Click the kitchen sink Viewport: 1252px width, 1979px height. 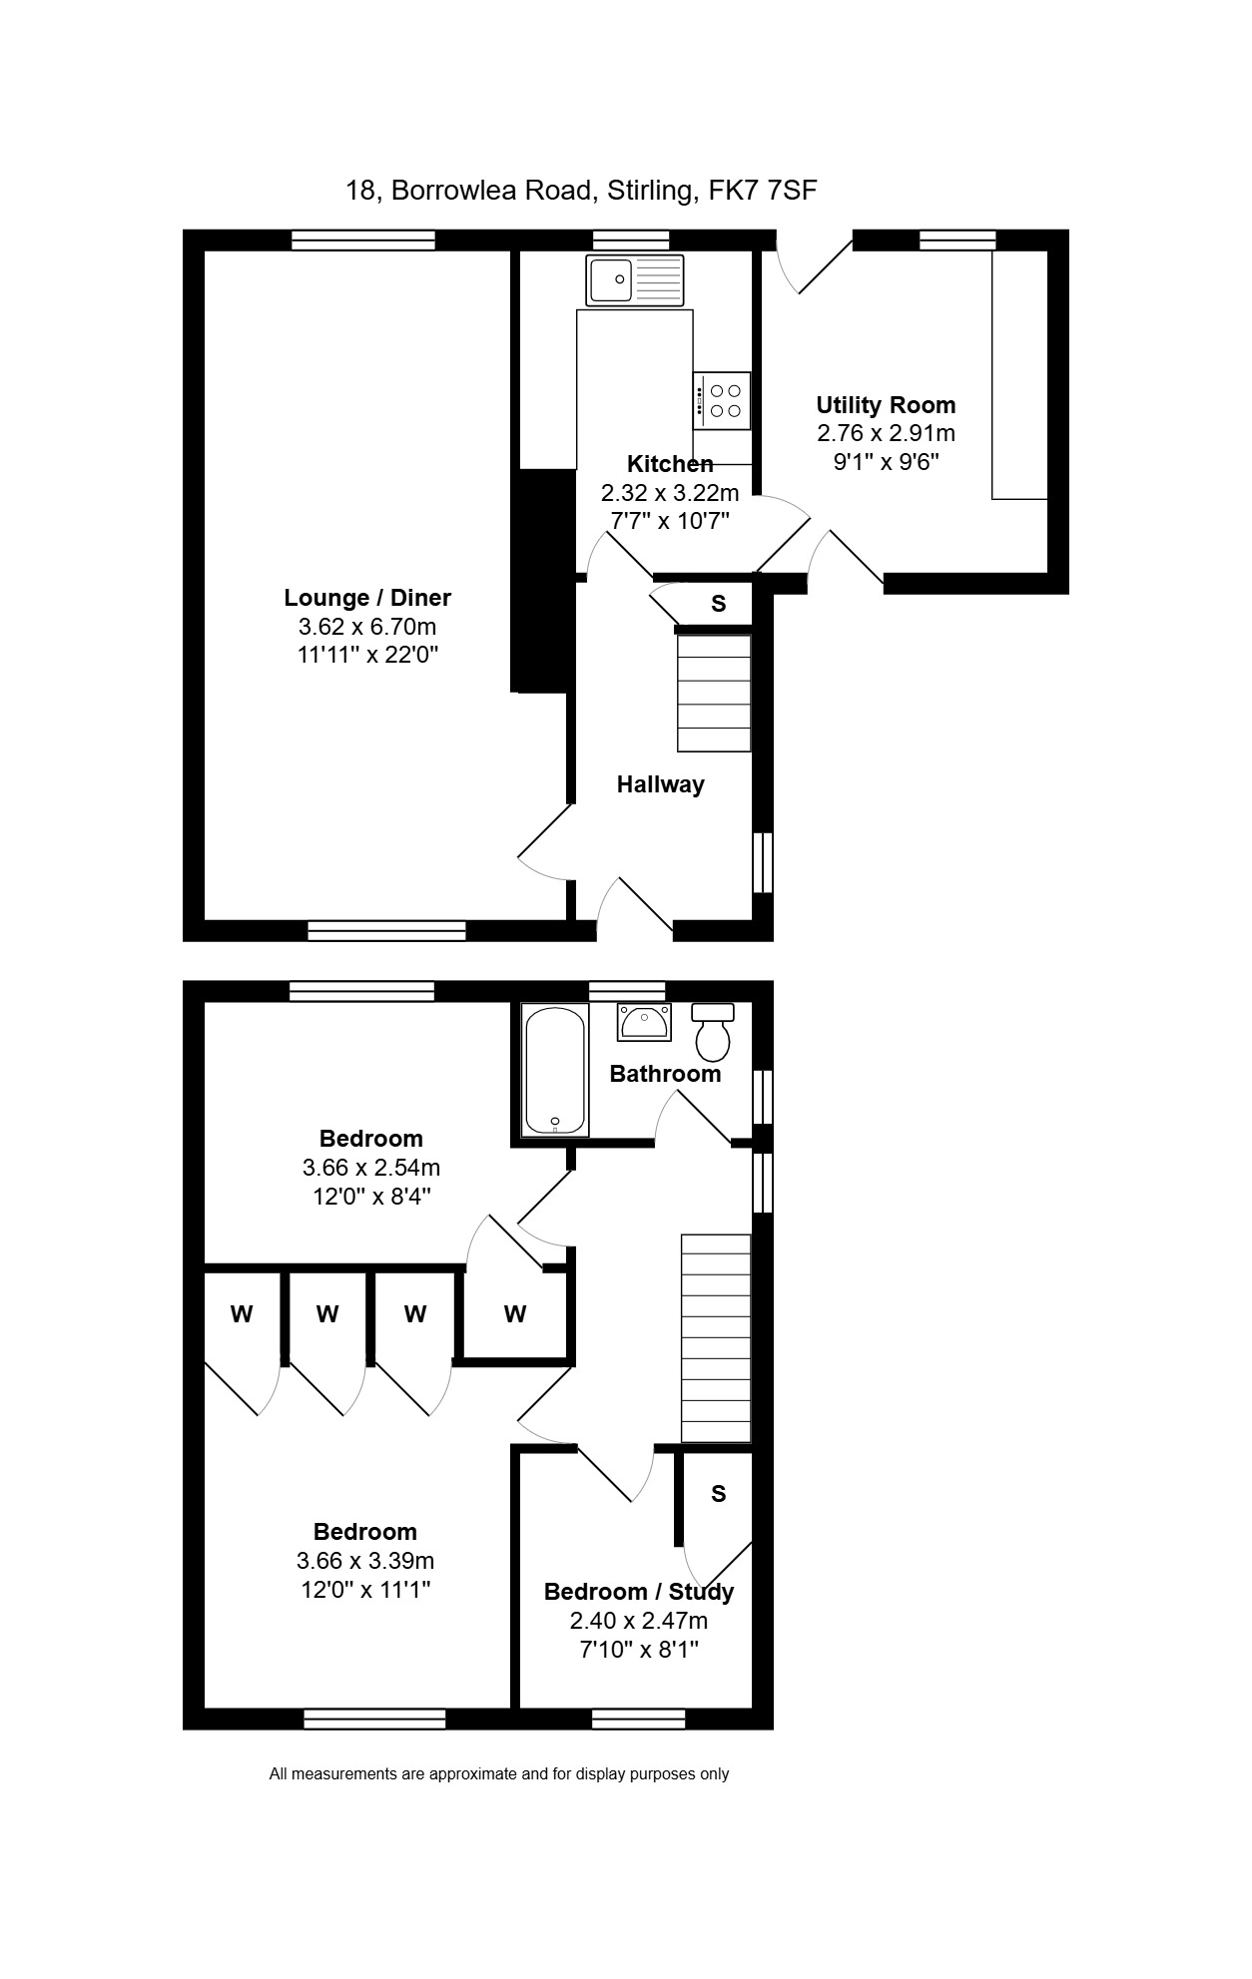[x=636, y=279]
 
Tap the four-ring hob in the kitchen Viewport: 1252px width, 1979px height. [x=721, y=400]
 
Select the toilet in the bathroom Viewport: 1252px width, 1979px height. [x=713, y=1032]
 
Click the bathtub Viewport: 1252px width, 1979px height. [x=555, y=1071]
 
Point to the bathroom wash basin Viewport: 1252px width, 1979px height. [x=644, y=1022]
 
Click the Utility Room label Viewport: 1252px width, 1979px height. [x=886, y=405]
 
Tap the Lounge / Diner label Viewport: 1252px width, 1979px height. [x=367, y=598]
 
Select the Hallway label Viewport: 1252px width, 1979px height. [x=660, y=784]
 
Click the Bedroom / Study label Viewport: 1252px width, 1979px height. [x=639, y=1592]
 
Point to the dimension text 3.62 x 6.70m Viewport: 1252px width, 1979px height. [x=367, y=627]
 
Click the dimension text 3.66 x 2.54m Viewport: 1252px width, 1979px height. [x=371, y=1167]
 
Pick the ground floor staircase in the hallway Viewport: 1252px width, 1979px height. [x=714, y=692]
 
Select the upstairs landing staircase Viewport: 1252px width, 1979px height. [x=716, y=1338]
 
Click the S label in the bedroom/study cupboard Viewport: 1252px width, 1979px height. [x=719, y=1494]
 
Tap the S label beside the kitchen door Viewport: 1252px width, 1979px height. [x=718, y=604]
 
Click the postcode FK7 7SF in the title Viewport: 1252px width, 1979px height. [x=763, y=190]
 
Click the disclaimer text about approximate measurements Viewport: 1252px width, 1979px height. [x=499, y=1773]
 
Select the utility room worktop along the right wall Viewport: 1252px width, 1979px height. [x=1019, y=374]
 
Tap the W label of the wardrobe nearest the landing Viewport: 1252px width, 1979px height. [x=515, y=1314]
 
